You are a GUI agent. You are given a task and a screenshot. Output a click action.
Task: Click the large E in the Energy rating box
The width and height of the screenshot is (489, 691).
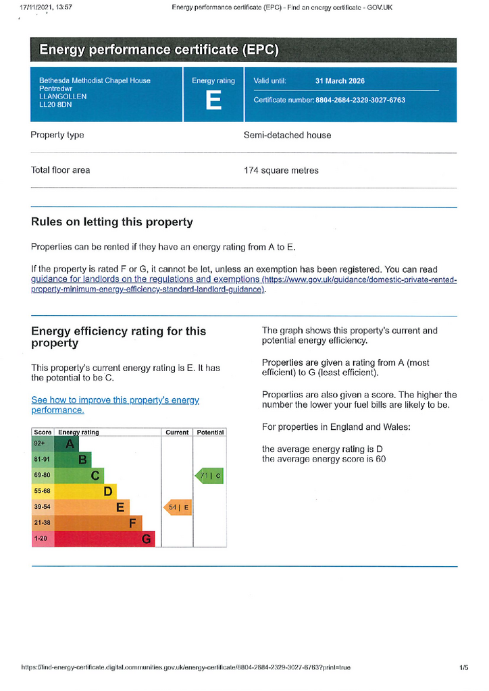[x=213, y=101]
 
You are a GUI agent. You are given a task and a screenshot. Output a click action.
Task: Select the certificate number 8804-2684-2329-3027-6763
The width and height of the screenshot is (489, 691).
[x=360, y=100]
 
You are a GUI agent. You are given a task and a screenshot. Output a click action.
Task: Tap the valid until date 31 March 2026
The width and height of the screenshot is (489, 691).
[x=340, y=81]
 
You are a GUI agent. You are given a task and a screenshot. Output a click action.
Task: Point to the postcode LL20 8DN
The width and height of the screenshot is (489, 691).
[x=55, y=105]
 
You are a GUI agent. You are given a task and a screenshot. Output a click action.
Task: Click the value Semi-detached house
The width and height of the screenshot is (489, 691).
[x=288, y=135]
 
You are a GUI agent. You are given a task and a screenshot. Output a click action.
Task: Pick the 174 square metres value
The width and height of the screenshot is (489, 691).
[x=282, y=171]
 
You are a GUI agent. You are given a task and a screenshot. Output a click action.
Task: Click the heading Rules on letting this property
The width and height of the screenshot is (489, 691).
[x=112, y=221]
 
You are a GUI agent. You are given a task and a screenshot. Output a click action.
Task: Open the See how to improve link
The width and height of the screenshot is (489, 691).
[x=115, y=405]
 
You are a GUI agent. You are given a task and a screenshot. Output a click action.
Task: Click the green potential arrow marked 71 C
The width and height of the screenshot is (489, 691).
[x=209, y=476]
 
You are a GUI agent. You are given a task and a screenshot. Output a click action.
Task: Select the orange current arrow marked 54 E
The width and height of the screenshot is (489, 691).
[x=178, y=507]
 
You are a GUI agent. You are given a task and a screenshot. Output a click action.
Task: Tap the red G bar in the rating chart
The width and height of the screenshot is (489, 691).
[x=105, y=539]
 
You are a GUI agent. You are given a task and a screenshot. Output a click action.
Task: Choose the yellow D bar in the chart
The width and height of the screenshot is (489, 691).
[x=86, y=491]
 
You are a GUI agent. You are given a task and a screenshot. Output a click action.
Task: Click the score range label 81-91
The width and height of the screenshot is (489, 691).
[x=43, y=459]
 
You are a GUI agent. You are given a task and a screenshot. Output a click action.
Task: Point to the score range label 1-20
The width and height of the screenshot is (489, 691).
[x=41, y=538]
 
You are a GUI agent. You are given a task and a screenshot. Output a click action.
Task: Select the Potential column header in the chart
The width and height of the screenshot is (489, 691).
[x=210, y=433]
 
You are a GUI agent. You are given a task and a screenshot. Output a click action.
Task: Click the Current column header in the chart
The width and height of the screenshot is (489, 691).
[x=177, y=433]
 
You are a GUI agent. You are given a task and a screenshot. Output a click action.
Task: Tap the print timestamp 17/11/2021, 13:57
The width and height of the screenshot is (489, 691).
[x=47, y=7]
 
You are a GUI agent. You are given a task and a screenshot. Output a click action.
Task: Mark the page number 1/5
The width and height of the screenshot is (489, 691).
[x=464, y=667]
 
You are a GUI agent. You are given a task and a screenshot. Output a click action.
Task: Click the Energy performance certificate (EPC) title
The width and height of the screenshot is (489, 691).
[x=159, y=49]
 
